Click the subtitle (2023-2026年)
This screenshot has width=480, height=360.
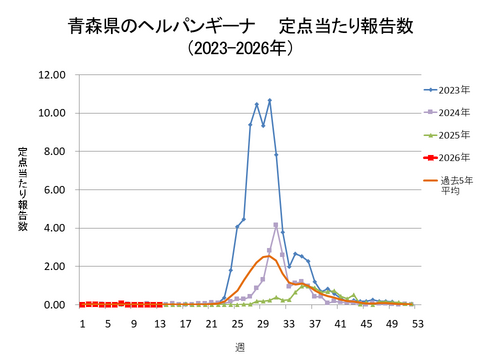(x=240, y=47)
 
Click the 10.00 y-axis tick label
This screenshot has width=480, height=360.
(x=51, y=113)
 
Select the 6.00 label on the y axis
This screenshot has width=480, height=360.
(x=54, y=190)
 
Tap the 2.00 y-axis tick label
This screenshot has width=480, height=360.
(x=54, y=267)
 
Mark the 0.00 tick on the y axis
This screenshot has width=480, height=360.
(x=54, y=305)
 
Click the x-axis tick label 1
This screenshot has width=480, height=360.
(x=83, y=324)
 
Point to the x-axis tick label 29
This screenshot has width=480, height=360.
(x=263, y=324)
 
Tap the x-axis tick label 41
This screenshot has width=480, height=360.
(x=340, y=324)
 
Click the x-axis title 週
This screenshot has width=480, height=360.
(x=240, y=346)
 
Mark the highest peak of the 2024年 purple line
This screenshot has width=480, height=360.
(x=276, y=225)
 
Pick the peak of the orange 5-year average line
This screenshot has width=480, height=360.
(x=269, y=257)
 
